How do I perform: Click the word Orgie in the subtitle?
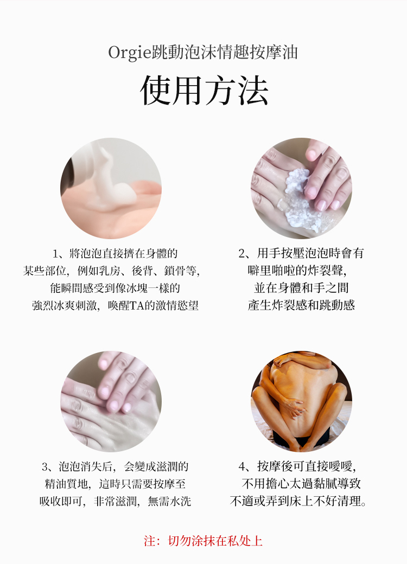[x=124, y=53]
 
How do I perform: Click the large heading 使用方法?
[x=204, y=91]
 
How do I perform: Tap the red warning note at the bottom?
[x=203, y=541]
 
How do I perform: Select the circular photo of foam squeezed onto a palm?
[x=111, y=188]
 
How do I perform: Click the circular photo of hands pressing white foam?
[x=301, y=188]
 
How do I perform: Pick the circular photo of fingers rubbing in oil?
[x=111, y=401]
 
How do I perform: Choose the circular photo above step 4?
[x=301, y=401]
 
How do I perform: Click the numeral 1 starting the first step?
[x=55, y=253]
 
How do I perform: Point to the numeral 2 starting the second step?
[x=242, y=253]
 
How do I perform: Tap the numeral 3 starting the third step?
[x=45, y=466]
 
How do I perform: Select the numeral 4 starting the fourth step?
[x=242, y=466]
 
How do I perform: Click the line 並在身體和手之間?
[x=301, y=288]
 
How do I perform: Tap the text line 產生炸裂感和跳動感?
[x=301, y=305]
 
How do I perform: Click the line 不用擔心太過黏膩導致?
[x=301, y=484]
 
